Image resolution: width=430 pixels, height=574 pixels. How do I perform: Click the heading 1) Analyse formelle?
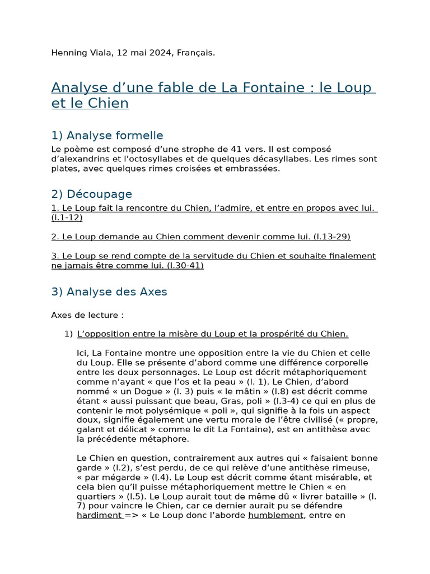click(107, 135)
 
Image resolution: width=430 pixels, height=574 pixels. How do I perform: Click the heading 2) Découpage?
click(91, 194)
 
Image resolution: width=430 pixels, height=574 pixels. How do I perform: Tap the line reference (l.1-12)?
click(67, 217)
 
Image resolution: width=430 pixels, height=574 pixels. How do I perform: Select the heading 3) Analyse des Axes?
click(109, 291)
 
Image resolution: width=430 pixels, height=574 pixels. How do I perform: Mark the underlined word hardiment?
click(99, 515)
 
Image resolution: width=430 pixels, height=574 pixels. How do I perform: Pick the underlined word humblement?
click(275, 515)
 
